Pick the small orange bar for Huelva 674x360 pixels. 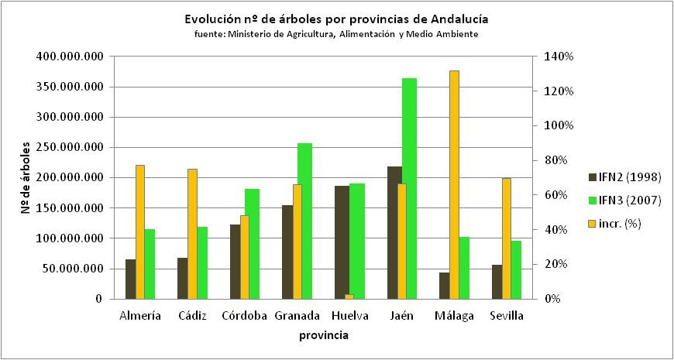(x=349, y=296)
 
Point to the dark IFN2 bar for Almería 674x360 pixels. (x=130, y=279)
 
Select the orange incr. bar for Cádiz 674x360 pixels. (x=192, y=233)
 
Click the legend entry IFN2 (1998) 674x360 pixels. (x=624, y=176)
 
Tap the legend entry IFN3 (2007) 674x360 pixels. (x=624, y=200)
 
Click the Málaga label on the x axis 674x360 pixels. (x=454, y=316)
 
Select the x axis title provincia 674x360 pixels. (x=324, y=335)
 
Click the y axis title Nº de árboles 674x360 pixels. (x=26, y=178)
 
